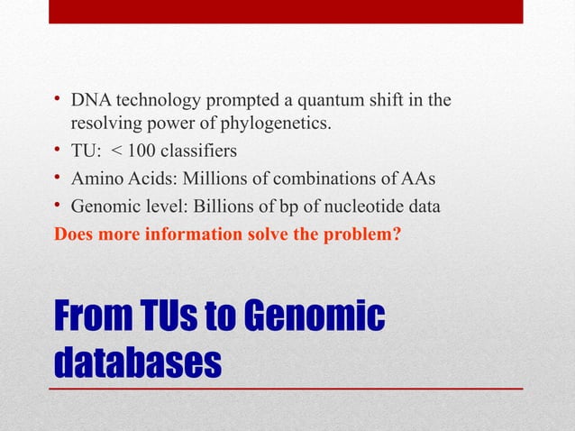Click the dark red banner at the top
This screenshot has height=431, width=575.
[286, 11]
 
